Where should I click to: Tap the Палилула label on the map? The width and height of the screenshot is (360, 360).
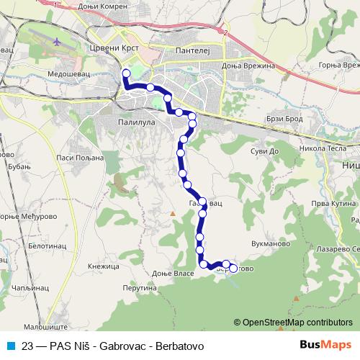136,123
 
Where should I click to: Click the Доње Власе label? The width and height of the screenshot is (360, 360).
174,274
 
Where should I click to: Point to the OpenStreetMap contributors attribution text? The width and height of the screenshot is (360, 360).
296,323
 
